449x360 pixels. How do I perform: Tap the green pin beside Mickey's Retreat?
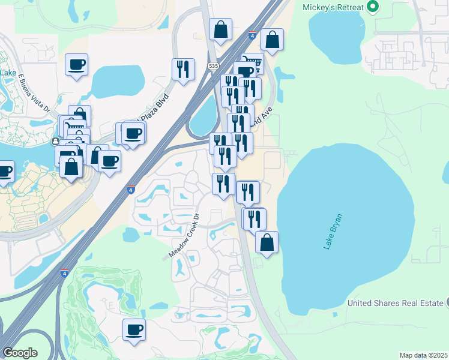[373, 7]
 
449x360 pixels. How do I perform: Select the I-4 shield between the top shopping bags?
[252, 36]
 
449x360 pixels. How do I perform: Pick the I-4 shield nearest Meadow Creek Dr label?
[130, 190]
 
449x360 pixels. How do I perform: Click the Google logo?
[20, 353]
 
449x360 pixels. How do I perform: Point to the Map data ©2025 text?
[423, 355]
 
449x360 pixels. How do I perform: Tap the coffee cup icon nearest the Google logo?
[134, 329]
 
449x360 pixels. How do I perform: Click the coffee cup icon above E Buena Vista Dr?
[77, 64]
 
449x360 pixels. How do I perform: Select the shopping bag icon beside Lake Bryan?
[267, 242]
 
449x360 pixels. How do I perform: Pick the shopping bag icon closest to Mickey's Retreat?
[272, 40]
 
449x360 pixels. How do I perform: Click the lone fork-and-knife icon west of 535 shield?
[184, 69]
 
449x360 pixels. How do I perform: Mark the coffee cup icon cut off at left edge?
[4, 172]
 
